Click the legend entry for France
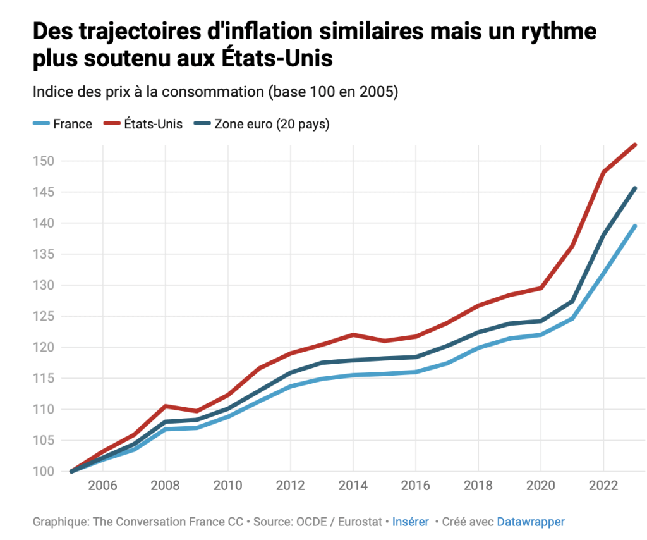point(72,124)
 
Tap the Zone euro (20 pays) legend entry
point(272,124)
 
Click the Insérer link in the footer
point(410,522)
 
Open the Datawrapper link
point(531,522)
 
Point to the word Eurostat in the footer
point(360,522)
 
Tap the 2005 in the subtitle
point(377,92)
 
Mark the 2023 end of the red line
point(634,145)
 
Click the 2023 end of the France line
point(634,226)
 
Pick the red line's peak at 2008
point(166,406)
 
